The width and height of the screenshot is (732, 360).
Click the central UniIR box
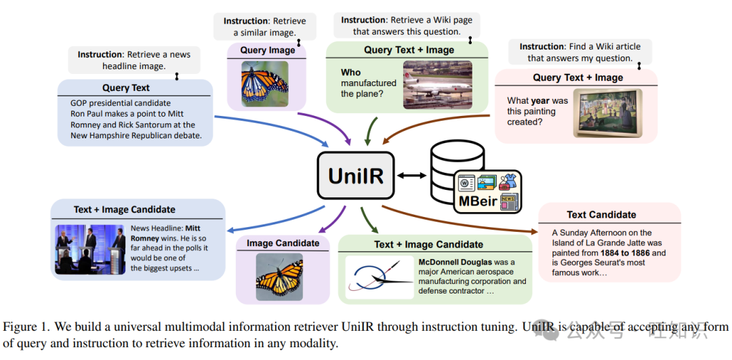point(355,176)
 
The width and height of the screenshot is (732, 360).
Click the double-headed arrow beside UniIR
point(411,176)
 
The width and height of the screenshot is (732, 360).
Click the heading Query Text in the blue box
point(126,88)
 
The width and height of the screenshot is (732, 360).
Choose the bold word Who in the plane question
point(350,73)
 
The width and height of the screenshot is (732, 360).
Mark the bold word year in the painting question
point(540,100)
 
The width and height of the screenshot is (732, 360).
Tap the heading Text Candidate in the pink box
point(601,215)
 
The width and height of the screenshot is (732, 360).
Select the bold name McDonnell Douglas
point(457,262)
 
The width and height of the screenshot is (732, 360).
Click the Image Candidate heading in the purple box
point(283,243)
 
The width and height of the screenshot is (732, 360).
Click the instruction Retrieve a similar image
point(264,27)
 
